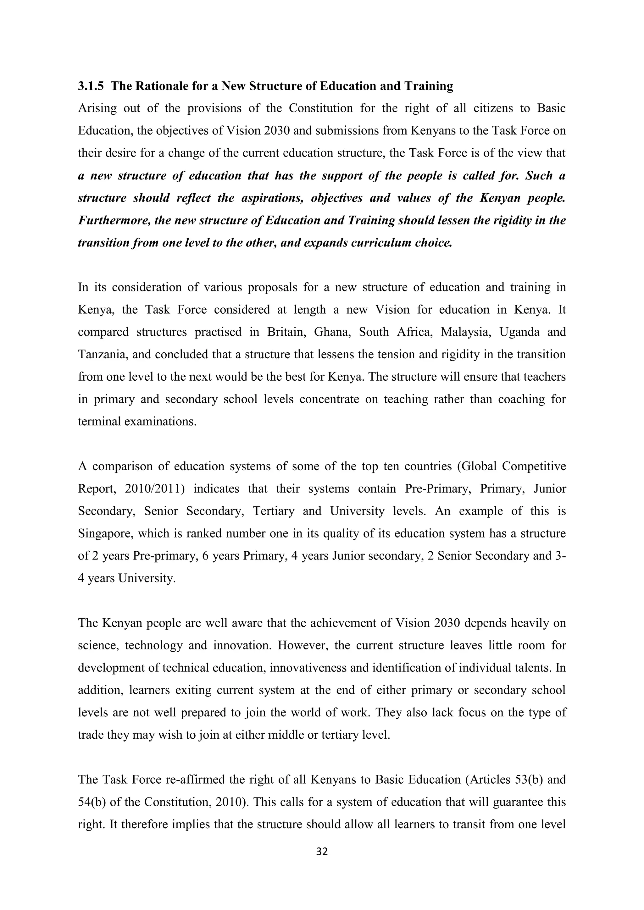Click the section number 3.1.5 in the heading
pyautogui.click(x=91, y=86)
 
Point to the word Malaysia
pyautogui.click(x=461, y=332)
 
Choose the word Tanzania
pyautogui.click(x=102, y=354)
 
